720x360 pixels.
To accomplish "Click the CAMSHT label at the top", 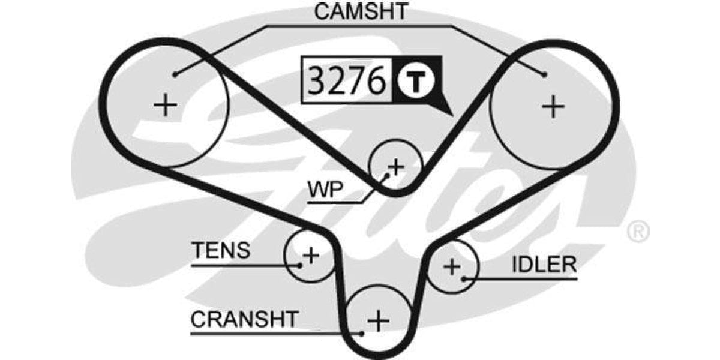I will (362, 11).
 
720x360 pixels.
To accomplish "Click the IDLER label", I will (544, 265).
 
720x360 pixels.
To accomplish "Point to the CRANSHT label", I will (244, 319).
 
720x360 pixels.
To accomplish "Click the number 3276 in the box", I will (346, 81).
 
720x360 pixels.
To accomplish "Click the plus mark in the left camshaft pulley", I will (165, 106).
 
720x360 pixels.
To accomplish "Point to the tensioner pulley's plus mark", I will (310, 256).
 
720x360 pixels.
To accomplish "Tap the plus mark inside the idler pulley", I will (451, 266).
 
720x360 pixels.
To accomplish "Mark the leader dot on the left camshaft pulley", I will (175, 74).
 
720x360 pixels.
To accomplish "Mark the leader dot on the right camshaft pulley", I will (544, 74).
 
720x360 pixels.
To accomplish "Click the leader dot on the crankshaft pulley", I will (362, 333).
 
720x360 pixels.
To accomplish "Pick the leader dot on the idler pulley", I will (464, 278).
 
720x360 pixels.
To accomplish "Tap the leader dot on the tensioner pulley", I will (298, 264).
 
